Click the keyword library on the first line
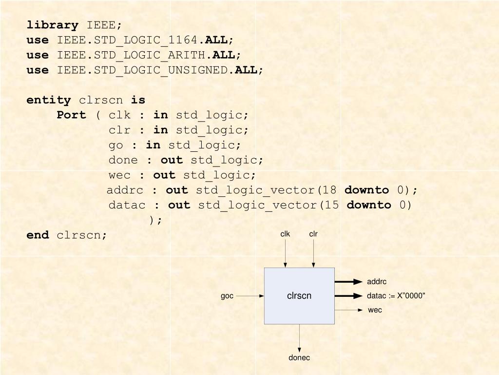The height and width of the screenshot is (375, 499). [52, 25]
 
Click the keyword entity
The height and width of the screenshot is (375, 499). [48, 100]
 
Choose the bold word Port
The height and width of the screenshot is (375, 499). [71, 115]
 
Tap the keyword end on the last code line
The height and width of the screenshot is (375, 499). [38, 235]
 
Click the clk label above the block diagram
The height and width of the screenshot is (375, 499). [285, 234]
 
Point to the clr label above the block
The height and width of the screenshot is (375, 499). [313, 234]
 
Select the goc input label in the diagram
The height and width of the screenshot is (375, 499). [227, 296]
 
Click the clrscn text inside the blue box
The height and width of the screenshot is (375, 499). [299, 295]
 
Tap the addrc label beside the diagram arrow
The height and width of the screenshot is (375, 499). [377, 282]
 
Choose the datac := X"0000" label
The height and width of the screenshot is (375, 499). [396, 296]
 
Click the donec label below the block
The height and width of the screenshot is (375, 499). [299, 357]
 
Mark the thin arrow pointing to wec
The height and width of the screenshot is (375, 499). [349, 310]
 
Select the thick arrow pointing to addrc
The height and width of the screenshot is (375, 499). [349, 282]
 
